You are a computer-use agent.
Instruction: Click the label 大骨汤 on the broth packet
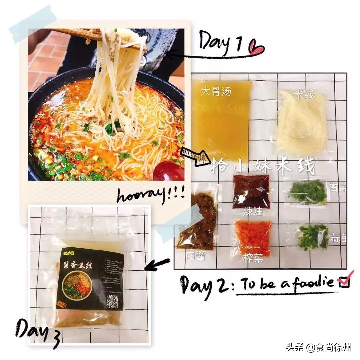pyautogui.click(x=216, y=92)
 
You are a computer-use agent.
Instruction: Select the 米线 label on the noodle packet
pyautogui.click(x=304, y=94)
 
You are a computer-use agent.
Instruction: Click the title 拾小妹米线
pyautogui.click(x=262, y=166)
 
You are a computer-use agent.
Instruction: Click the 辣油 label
pyautogui.click(x=252, y=212)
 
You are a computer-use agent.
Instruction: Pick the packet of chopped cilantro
pyautogui.click(x=307, y=192)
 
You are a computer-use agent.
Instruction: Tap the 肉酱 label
pyautogui.click(x=196, y=256)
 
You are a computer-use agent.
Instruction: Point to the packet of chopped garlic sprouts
pyautogui.click(x=312, y=237)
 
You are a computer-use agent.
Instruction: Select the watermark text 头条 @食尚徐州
pyautogui.click(x=318, y=348)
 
